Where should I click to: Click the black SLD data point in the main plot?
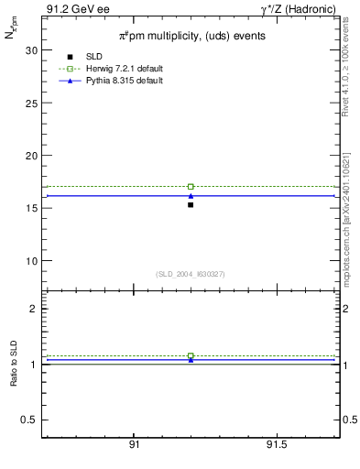coord(191,204)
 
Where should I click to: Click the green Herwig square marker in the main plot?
coord(191,187)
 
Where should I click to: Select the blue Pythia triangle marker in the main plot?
coord(191,195)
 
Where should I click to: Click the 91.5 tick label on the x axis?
coord(277,445)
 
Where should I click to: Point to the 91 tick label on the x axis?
coord(134,445)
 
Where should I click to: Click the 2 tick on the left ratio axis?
coord(33,309)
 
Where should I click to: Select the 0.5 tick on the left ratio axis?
coord(29,420)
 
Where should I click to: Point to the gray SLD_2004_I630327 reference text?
coord(190,274)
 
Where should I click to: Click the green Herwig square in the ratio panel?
coord(191,355)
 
